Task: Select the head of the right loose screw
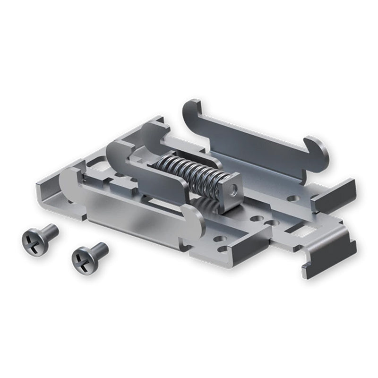(x=82, y=260)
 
